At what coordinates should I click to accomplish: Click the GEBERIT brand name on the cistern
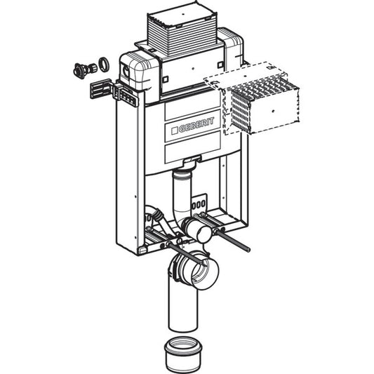[196, 125]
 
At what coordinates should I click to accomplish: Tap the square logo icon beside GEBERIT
[175, 131]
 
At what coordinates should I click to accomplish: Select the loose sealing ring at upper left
[104, 64]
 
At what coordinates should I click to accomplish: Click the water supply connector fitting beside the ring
[85, 70]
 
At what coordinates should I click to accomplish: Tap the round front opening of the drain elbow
[205, 273]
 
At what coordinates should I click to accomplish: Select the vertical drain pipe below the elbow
[182, 305]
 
